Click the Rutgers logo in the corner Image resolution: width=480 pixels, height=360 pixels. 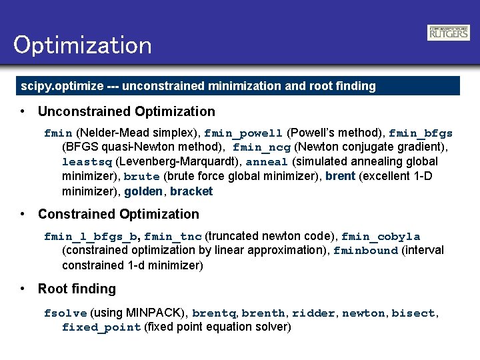tap(448, 33)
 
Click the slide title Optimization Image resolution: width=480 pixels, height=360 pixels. tap(83, 45)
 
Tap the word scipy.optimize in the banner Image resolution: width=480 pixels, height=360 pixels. tap(62, 86)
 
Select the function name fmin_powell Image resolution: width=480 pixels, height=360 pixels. tap(244, 133)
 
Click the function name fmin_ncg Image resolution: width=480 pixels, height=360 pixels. tap(261, 147)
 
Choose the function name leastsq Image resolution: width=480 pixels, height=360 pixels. tap(87, 162)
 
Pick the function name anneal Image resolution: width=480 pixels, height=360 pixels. tap(267, 162)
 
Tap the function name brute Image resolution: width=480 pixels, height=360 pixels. tap(141, 177)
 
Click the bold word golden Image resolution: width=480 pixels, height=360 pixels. tap(143, 192)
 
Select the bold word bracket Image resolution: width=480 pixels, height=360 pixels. tap(191, 192)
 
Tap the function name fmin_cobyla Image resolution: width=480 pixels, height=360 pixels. tap(381, 237)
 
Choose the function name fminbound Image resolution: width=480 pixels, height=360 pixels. tap(365, 251)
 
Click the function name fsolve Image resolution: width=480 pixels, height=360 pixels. tap(65, 313)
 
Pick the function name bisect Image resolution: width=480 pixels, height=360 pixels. tap(413, 313)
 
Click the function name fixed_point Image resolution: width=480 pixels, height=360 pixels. tap(101, 328)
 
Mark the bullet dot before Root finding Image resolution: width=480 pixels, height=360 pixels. tap(23, 289)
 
